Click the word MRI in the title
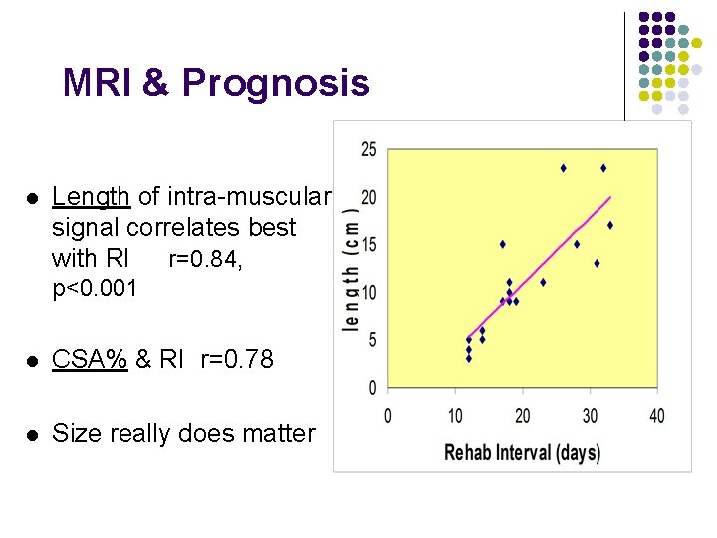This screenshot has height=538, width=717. [x=98, y=83]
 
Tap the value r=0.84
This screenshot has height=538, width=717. [x=204, y=260]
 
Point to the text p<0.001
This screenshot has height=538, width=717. [x=94, y=289]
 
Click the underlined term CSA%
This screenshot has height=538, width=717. [x=89, y=359]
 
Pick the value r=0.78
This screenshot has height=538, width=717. [x=236, y=359]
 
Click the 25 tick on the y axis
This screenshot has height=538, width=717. [x=368, y=150]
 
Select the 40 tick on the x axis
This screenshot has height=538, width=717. [x=657, y=415]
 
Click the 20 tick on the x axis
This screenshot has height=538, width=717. [x=523, y=415]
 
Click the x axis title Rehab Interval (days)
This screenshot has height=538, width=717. [x=522, y=453]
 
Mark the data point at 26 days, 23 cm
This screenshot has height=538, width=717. [x=563, y=168]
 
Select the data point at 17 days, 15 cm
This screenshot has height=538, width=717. [x=502, y=244]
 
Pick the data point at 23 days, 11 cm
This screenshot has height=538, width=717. [x=543, y=282]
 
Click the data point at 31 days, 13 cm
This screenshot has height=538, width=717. [x=597, y=263]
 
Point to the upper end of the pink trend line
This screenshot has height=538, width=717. [x=610, y=197]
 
